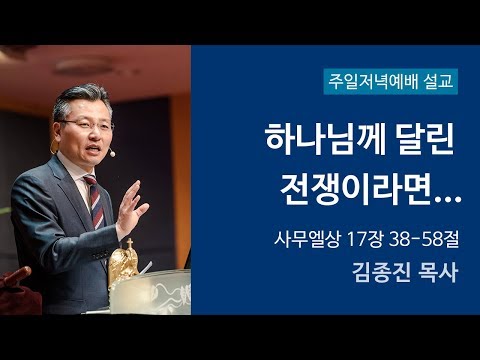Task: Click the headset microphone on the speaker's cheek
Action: (x=113, y=155)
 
